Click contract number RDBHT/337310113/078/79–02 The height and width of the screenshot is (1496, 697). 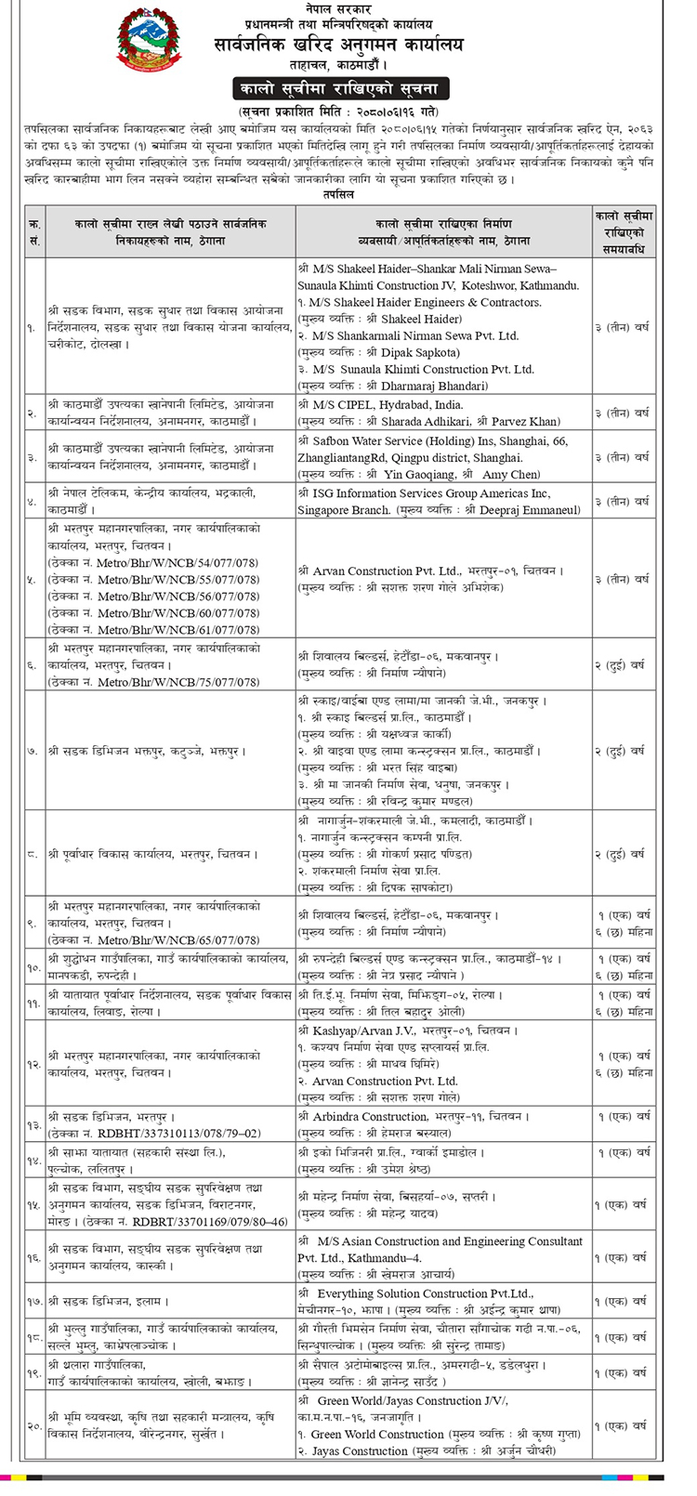coord(177,1133)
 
